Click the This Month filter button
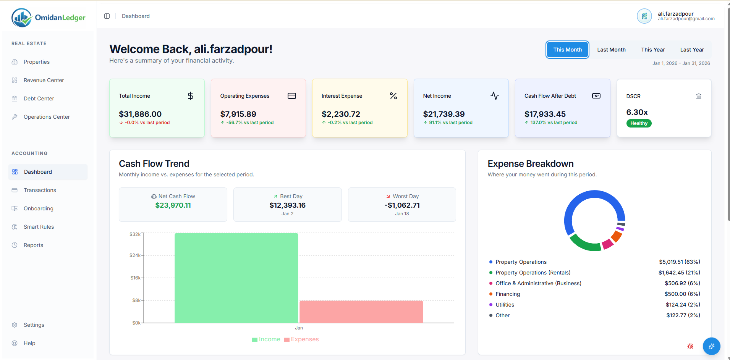pos(567,50)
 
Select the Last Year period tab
pos(691,50)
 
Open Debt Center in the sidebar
pos(39,98)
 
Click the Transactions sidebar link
pos(40,190)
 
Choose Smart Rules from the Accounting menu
pos(39,227)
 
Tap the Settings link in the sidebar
pos(34,325)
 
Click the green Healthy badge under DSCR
pos(639,123)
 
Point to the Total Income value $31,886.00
pos(140,114)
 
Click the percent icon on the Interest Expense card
pos(393,96)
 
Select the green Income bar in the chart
pos(236,278)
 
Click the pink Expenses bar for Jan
pos(361,312)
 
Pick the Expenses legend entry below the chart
pos(301,339)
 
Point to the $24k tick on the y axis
pos(135,255)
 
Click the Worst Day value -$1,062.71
pos(402,205)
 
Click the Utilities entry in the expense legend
pos(505,305)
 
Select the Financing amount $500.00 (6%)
pos(682,294)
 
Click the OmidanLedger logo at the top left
pos(49,18)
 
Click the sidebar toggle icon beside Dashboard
pos(107,16)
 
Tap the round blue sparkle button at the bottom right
pos(711,346)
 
